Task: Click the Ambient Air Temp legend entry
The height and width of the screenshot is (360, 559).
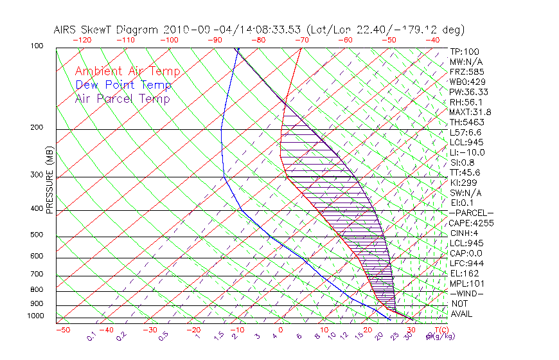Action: pos(127,71)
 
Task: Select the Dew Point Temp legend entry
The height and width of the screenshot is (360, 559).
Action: pos(123,85)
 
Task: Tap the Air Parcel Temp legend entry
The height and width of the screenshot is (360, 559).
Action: pos(122,98)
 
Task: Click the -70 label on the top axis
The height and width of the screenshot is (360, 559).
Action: pos(301,39)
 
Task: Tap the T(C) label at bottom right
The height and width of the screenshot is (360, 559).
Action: pos(441,330)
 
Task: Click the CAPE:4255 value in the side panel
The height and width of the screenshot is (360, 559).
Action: pos(471,223)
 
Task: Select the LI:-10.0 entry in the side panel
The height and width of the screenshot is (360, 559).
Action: pos(467,152)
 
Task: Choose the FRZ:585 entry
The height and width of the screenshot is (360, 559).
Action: pos(467,71)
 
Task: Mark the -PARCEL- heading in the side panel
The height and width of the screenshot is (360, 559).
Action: pos(471,213)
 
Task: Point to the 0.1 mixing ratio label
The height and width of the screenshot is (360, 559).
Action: pos(91,336)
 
